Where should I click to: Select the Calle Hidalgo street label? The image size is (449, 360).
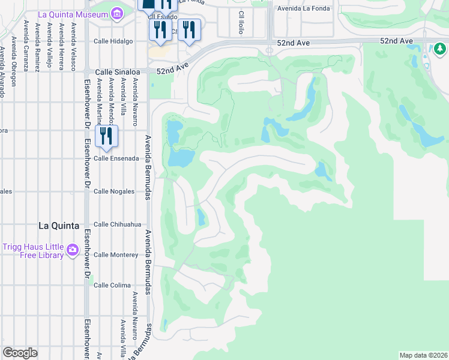tap(113, 41)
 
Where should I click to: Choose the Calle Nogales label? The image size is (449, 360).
tap(114, 191)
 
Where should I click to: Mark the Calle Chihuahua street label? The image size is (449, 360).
tap(118, 224)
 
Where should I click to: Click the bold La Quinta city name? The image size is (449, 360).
tap(58, 226)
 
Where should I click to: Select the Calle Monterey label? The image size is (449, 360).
tap(116, 255)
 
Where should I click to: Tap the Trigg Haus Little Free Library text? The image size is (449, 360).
tap(33, 251)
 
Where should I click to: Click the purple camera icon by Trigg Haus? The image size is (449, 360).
tap(73, 249)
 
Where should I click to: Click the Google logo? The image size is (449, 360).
tap(20, 353)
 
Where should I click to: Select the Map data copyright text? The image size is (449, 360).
tap(423, 355)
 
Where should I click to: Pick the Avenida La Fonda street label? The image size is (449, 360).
tap(306, 8)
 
